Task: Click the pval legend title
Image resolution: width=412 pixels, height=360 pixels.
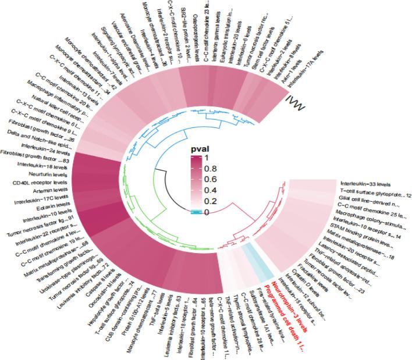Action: pos(200,148)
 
